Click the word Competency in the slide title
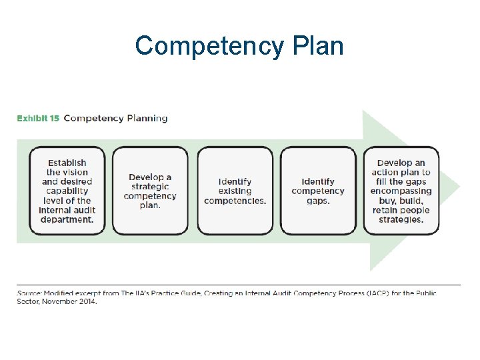(x=208, y=46)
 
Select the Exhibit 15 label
(x=38, y=119)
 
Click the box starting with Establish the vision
(x=67, y=191)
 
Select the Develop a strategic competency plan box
(x=150, y=191)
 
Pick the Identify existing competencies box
(x=235, y=191)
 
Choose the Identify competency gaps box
(x=318, y=191)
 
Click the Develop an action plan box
(x=401, y=191)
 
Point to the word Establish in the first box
(x=67, y=163)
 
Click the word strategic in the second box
(x=150, y=187)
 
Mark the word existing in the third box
(x=235, y=191)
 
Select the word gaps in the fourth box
(x=318, y=201)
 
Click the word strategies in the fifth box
(x=401, y=219)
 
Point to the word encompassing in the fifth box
(x=401, y=191)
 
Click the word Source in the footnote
(x=30, y=293)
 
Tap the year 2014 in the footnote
(x=86, y=301)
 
